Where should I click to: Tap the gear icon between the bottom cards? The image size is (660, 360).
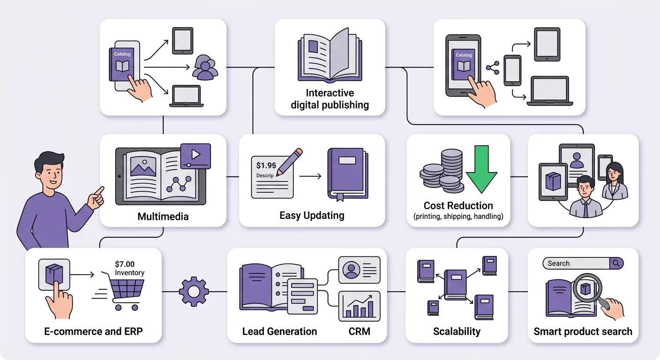[x=194, y=292]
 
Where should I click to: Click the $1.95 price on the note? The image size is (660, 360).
[x=266, y=165]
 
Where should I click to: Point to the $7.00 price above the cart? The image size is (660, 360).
[x=125, y=264]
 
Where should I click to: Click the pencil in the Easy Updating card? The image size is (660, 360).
[x=289, y=162]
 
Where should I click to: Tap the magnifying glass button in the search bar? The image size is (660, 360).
[x=616, y=263]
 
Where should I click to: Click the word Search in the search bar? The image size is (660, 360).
[x=558, y=263]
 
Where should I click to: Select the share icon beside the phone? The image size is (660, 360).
[x=493, y=68]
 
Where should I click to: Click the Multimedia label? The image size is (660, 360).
[x=163, y=217]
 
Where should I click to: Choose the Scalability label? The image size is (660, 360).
[x=457, y=331]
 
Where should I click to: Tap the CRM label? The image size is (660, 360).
[x=359, y=331]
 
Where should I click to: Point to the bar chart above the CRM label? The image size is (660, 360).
[x=360, y=306]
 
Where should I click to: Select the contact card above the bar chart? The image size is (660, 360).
[x=360, y=270]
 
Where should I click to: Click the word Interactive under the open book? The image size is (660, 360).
[x=330, y=93]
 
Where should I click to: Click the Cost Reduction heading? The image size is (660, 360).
[x=458, y=205]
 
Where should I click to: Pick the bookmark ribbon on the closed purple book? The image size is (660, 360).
[x=340, y=197]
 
